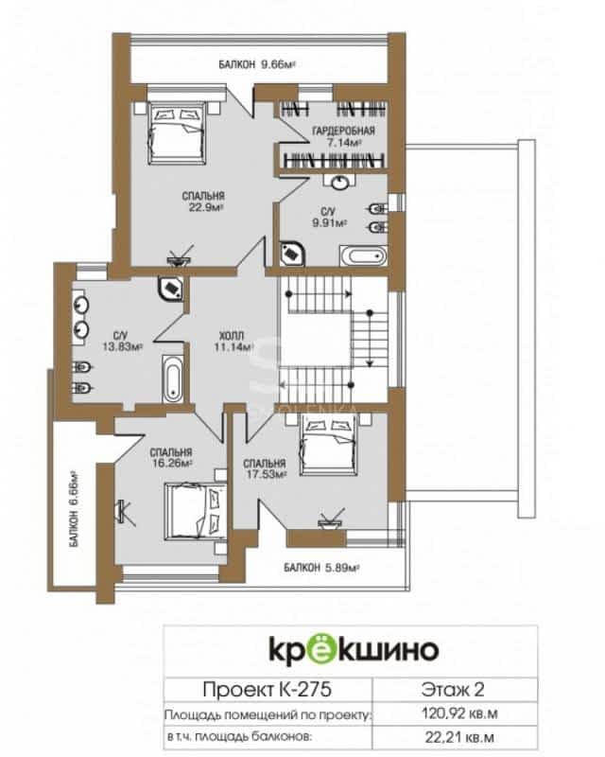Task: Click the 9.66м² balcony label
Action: click(x=257, y=64)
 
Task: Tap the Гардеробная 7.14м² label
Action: click(x=343, y=136)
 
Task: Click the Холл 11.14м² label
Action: click(x=233, y=341)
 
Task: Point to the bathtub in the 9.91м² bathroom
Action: click(x=363, y=255)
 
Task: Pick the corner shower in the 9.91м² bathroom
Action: click(x=292, y=254)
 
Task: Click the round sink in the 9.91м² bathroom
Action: click(x=340, y=182)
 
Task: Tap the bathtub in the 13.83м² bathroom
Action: click(x=173, y=379)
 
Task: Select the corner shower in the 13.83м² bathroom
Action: click(x=170, y=289)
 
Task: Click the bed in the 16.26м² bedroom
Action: click(x=196, y=512)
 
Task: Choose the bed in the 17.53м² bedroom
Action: click(x=328, y=445)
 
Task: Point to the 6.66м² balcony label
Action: click(x=74, y=508)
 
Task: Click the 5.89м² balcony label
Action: click(x=322, y=567)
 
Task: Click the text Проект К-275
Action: click(x=268, y=689)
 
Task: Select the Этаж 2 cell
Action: click(x=453, y=689)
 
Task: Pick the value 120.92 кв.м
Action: click(x=459, y=713)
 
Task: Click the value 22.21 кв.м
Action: click(x=459, y=737)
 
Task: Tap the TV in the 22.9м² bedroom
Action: click(x=180, y=255)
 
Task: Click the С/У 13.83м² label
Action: click(x=122, y=341)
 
